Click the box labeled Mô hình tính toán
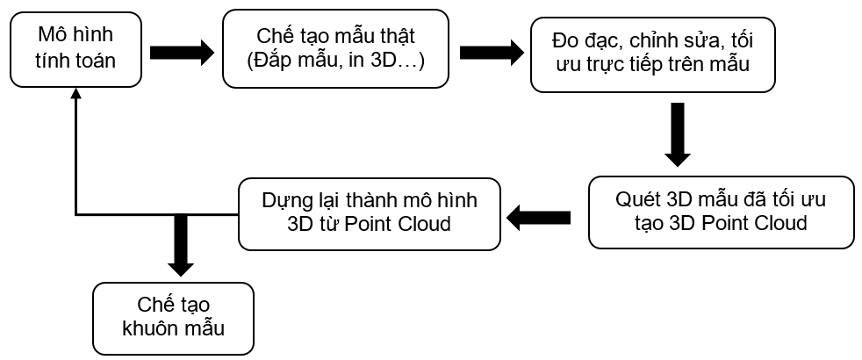75,49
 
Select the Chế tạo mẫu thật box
335,49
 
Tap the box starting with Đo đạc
652,54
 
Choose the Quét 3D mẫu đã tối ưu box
722,212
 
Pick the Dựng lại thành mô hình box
370,213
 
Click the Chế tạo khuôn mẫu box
174,318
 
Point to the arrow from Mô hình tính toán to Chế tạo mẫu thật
182,53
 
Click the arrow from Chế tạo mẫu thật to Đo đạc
492,53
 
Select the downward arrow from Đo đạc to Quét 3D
678,134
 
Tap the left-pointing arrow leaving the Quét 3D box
538,219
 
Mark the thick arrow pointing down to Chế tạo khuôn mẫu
180,245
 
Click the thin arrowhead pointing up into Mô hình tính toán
75,93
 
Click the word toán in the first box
96,61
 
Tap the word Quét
637,199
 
